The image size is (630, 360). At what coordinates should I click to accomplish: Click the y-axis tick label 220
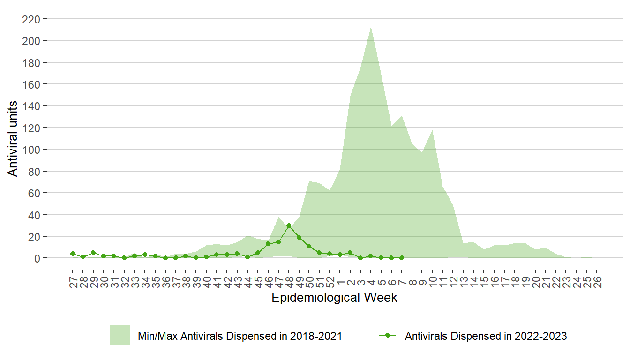31,19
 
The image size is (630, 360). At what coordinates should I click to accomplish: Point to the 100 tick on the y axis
31,150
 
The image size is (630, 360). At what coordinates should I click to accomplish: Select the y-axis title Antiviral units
13,139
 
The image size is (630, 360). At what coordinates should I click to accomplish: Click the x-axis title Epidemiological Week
334,298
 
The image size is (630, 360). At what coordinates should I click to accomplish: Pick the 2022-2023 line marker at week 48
289,225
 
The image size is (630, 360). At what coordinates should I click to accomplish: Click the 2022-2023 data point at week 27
73,254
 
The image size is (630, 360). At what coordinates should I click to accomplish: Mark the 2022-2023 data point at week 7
402,258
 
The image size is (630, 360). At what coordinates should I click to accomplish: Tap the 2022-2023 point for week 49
299,237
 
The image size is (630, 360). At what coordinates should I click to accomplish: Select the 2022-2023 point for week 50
309,246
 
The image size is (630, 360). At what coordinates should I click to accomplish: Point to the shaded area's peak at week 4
371,26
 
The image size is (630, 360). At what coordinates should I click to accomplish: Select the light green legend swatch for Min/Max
120,335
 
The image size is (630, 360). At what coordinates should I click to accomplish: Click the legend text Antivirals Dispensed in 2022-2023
486,336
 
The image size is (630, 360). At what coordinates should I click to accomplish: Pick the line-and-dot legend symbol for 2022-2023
387,335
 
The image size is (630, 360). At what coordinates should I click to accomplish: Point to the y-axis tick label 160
31,84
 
